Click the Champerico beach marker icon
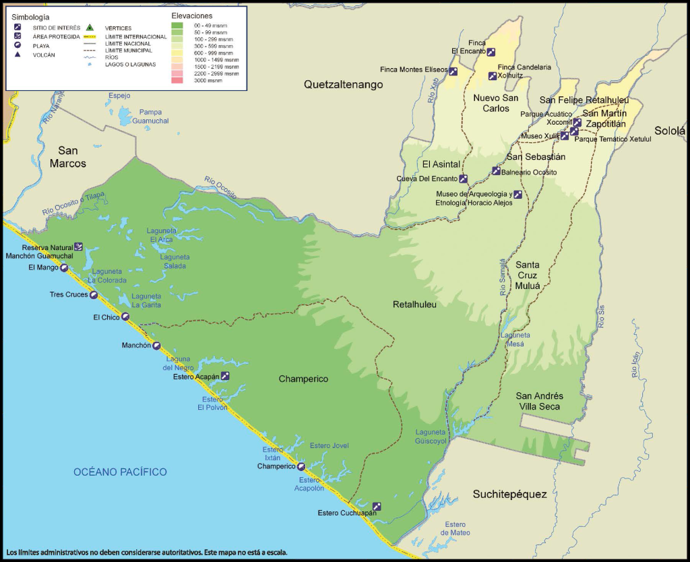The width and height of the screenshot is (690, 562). pos(301,466)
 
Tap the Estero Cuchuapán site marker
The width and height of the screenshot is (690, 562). pos(377,506)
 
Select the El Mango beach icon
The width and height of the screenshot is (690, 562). pos(63,268)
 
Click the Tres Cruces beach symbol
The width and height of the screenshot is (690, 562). pos(94,294)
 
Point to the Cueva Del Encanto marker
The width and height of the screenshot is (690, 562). pos(463,179)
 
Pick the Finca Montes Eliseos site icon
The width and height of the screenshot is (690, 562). pos(453,71)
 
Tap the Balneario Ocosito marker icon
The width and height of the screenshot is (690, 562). pos(496,170)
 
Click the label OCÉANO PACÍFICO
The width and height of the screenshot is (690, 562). pos(120,472)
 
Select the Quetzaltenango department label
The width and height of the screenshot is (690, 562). pos(343,85)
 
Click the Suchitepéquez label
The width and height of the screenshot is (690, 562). pos(509,494)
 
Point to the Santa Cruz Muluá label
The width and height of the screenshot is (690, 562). pos(528,275)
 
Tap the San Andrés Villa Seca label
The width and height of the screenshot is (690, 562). pos(539,401)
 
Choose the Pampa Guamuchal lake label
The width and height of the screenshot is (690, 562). pos(150,117)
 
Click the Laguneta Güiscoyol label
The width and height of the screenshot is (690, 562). pos(431,437)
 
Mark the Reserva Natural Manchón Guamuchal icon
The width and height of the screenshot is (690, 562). pos(78,247)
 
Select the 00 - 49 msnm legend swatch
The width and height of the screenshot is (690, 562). pos(177,26)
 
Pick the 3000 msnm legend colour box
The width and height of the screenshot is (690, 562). pos(177,80)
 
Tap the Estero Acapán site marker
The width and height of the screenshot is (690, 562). pos(225,376)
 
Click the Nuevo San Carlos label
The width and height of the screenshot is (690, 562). pos(495,102)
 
